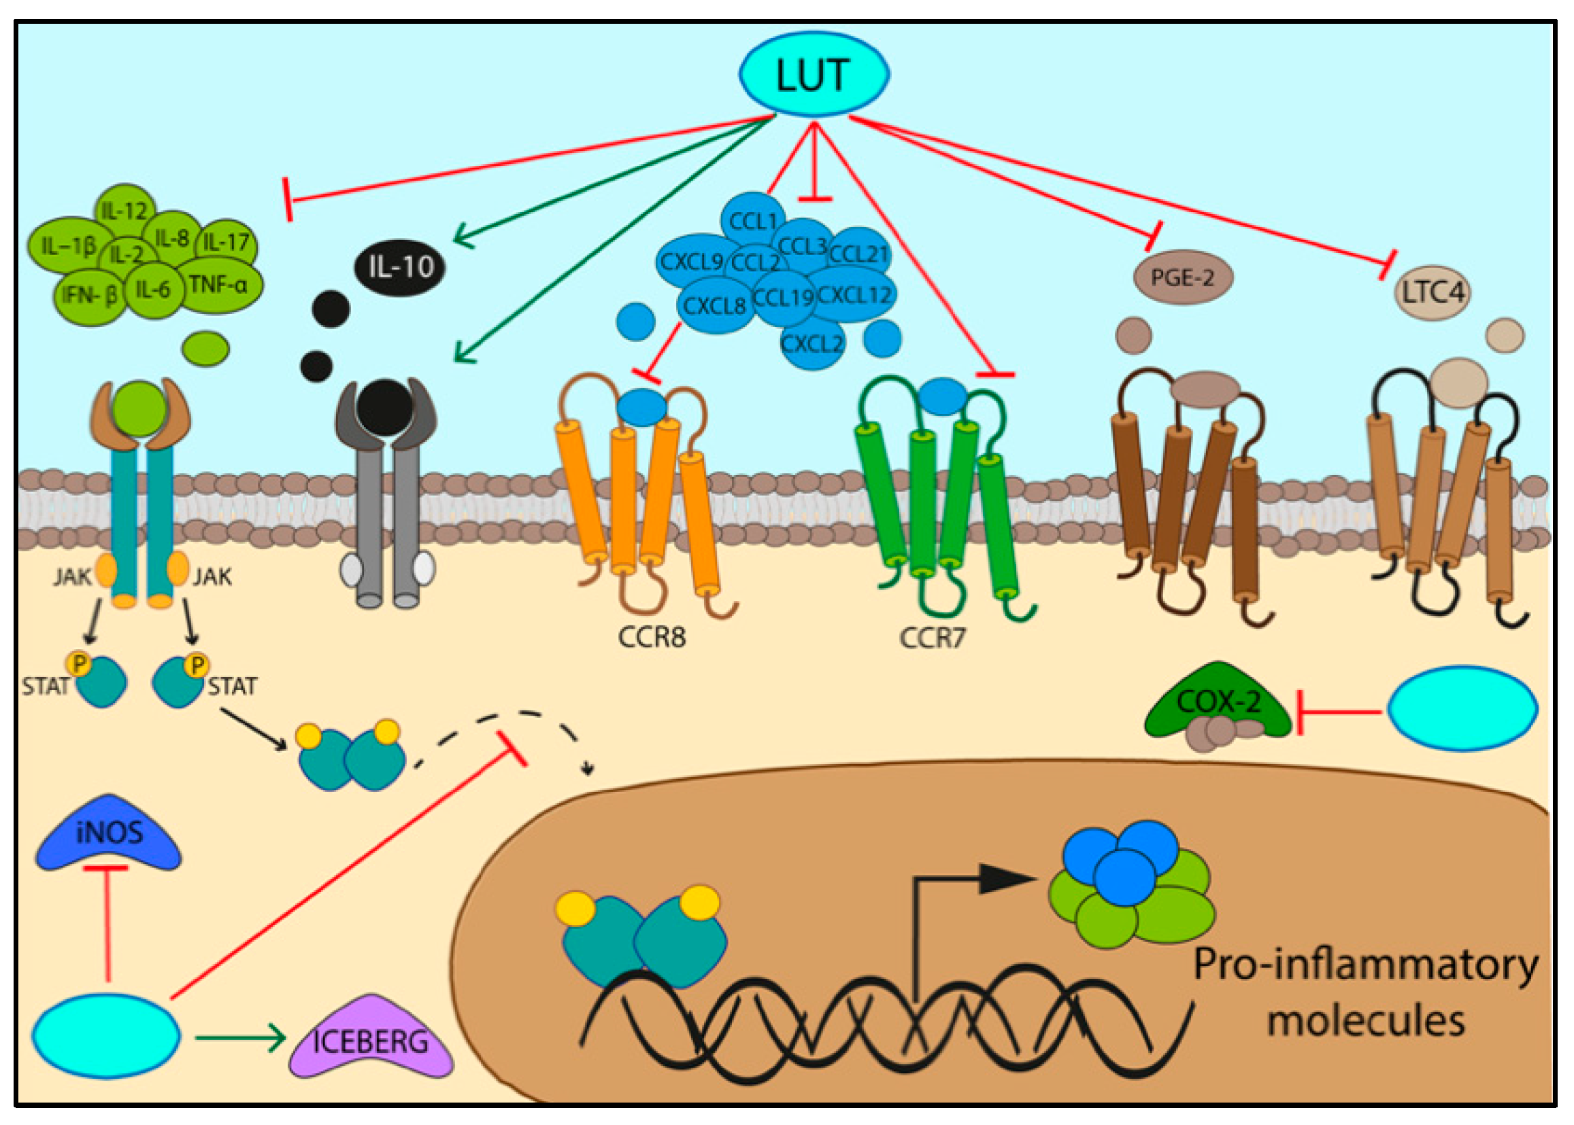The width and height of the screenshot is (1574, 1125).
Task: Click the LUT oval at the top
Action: pyautogui.click(x=814, y=73)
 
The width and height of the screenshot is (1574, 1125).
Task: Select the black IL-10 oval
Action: pyautogui.click(x=400, y=266)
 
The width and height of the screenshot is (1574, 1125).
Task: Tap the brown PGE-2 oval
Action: pyautogui.click(x=1183, y=277)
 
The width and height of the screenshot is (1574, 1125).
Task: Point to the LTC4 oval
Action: pyautogui.click(x=1433, y=292)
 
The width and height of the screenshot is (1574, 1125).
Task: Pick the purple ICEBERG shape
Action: pyautogui.click(x=371, y=1039)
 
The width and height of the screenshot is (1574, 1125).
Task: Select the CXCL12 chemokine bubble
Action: pyautogui.click(x=853, y=294)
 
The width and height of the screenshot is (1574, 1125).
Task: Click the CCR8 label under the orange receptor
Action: pyautogui.click(x=652, y=637)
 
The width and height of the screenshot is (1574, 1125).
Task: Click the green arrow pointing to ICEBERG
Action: pyautogui.click(x=241, y=1037)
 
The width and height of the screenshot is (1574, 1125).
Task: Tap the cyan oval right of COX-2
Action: pyautogui.click(x=1463, y=708)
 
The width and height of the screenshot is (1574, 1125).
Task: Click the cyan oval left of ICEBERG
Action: pyautogui.click(x=106, y=1037)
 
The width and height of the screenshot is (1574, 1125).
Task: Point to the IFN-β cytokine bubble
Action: pyautogui.click(x=90, y=295)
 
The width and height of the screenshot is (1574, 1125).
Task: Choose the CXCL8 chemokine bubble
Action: pyautogui.click(x=715, y=305)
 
